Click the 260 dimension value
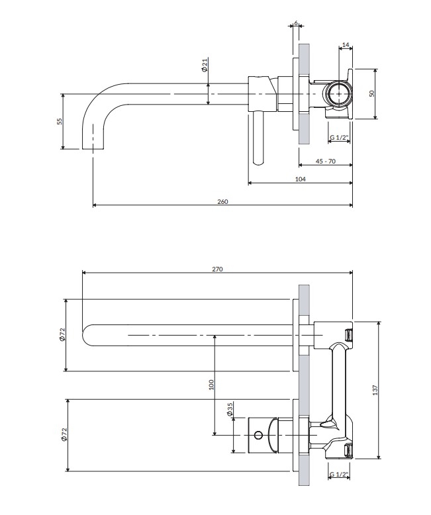coord(222,201)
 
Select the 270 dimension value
coord(218,269)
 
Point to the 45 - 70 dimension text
coord(326,161)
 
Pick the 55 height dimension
coord(59,121)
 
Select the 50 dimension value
coord(371,93)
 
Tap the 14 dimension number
coord(346,46)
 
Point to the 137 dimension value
coord(375,391)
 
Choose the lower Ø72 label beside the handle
coord(63,435)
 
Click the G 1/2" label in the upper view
coord(340,138)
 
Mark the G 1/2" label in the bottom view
coord(339,475)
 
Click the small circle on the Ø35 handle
coord(258,436)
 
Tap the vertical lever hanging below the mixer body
coord(256,138)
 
